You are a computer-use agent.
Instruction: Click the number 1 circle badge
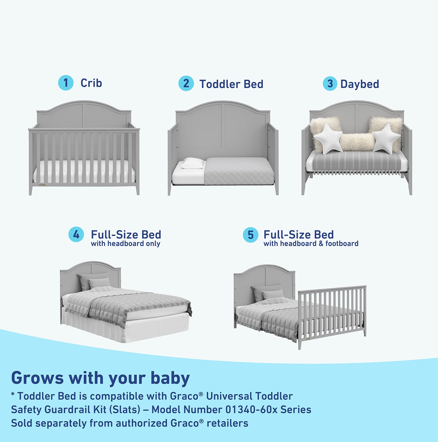(x=66, y=83)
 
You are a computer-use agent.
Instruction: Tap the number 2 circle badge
(x=186, y=83)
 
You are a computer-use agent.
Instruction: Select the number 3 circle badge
(x=330, y=84)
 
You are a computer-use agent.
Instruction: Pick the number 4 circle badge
(x=76, y=235)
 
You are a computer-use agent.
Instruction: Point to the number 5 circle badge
(x=250, y=235)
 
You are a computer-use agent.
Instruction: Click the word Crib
(x=91, y=83)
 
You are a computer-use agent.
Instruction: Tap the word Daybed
(x=359, y=84)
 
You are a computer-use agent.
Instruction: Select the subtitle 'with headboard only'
(x=125, y=244)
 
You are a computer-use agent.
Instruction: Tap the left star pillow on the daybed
(x=328, y=139)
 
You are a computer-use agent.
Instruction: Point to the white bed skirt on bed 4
(x=127, y=329)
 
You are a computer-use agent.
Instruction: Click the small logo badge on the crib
(x=42, y=184)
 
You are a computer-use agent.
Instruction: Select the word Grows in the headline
(x=37, y=378)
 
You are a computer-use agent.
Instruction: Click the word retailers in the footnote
(x=227, y=423)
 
